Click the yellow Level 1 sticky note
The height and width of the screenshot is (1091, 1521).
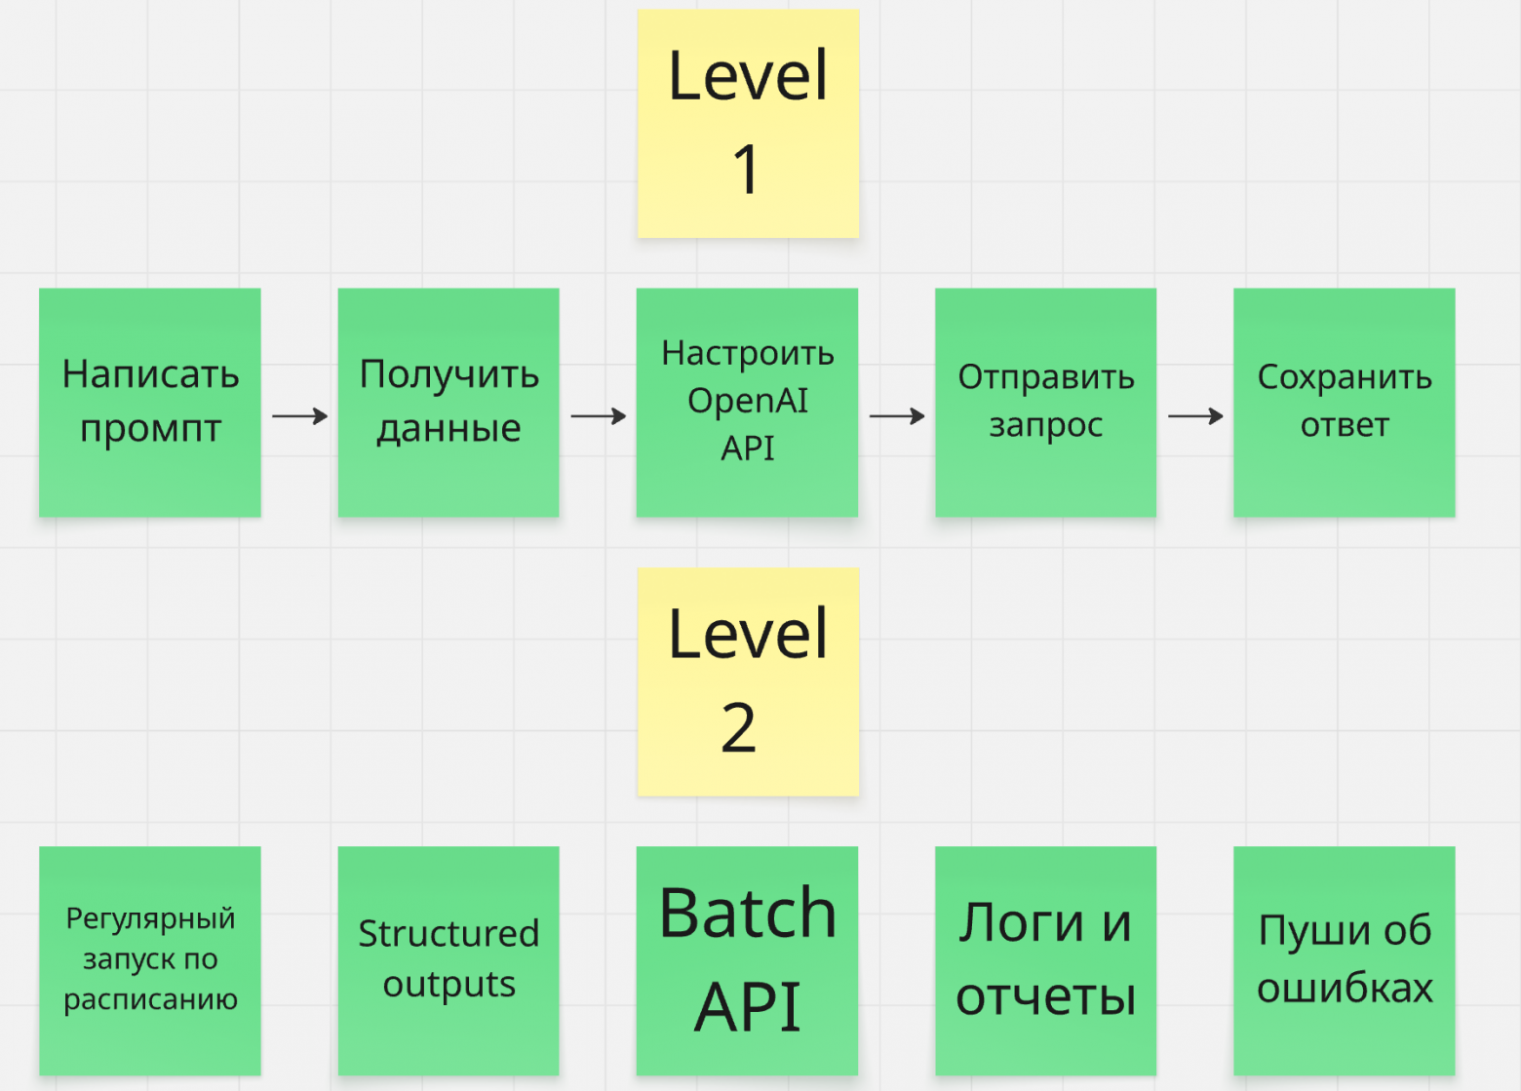coord(748,123)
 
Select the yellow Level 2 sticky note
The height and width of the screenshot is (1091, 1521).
coord(748,682)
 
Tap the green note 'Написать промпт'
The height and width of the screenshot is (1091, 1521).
coord(150,402)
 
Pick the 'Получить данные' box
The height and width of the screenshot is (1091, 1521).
coord(448,402)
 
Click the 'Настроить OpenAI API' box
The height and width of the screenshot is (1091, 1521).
coord(748,402)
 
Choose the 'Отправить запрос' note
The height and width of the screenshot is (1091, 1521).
coord(1045,402)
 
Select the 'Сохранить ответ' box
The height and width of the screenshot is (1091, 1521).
coord(1344,402)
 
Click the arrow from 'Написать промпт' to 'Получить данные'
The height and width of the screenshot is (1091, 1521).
coord(299,416)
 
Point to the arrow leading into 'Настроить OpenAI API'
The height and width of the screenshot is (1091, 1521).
coord(598,416)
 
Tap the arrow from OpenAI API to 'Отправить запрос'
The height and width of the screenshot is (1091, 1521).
coord(896,416)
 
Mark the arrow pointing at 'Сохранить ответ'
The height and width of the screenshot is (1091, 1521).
coord(1194,416)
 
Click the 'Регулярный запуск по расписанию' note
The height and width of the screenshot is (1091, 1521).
coord(150,960)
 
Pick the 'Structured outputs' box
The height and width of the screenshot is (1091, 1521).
coord(448,960)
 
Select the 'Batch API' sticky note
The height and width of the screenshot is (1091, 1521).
coord(748,960)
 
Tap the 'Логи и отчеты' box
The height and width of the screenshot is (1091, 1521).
coord(1045,960)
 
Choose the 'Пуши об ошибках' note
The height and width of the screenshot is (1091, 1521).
coord(1344,960)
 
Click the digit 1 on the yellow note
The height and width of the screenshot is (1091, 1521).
coord(746,169)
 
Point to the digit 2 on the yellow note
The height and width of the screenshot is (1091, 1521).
coord(739,728)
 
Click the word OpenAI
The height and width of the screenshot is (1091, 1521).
coord(748,401)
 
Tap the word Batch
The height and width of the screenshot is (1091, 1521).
coord(748,915)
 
